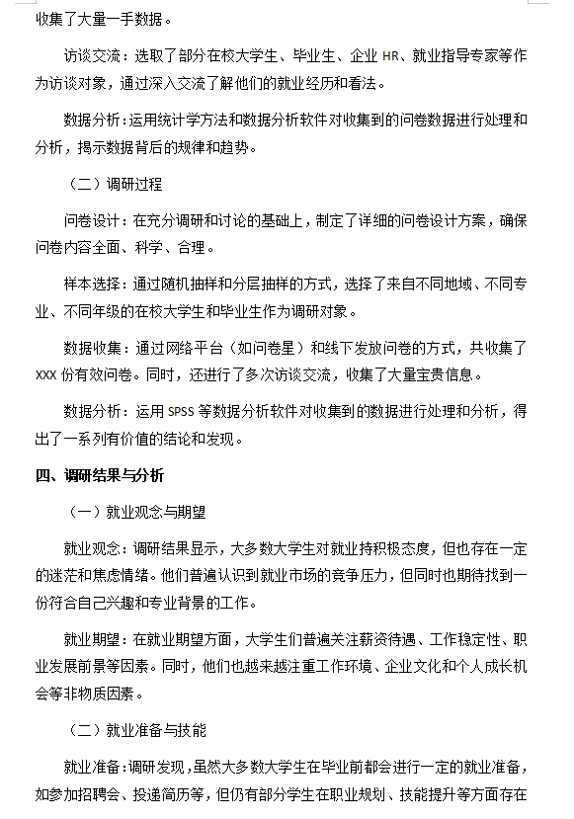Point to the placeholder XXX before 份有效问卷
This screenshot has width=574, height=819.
tap(47, 375)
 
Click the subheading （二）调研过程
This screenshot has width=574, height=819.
tap(116, 184)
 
